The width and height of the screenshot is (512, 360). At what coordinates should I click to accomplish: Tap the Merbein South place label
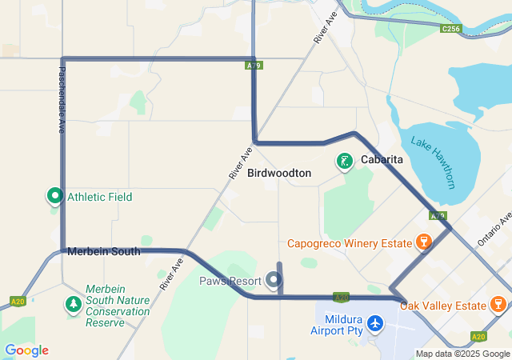click(104, 251)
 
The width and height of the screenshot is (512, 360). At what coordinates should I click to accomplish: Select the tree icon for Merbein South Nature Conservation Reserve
click(73, 305)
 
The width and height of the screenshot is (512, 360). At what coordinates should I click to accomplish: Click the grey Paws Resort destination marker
click(274, 279)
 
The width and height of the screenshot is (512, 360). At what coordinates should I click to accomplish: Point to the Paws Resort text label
click(230, 280)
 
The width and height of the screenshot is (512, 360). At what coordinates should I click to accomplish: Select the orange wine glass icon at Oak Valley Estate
click(498, 305)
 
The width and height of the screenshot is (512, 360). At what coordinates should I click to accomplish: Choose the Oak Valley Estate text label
click(442, 306)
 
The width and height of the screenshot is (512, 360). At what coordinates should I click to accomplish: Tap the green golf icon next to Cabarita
click(345, 162)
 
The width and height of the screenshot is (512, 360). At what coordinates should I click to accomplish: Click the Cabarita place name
click(382, 160)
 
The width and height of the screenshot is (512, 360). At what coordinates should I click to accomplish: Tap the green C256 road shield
click(450, 29)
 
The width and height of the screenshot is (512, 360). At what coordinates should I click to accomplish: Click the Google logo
click(26, 350)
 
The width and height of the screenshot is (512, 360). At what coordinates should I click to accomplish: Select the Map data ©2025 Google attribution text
click(462, 354)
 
